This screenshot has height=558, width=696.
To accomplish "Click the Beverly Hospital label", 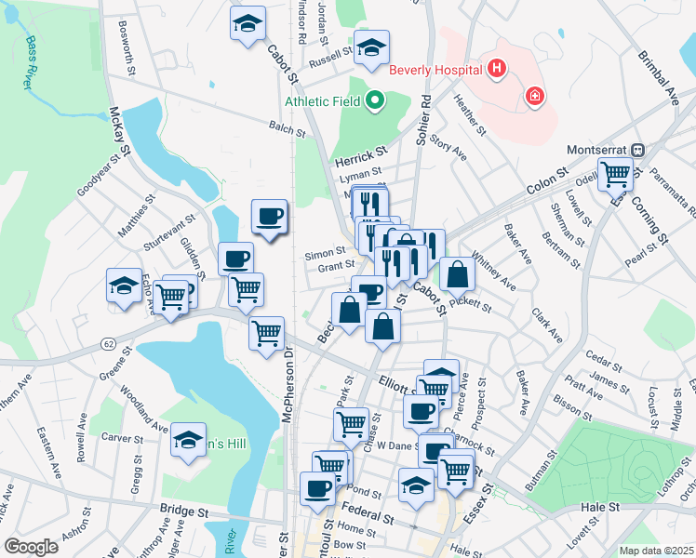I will point(435,69).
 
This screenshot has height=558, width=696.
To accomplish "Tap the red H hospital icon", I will point(498,68).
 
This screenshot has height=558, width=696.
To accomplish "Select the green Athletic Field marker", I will point(376,100).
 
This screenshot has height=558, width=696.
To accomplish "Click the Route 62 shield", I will point(108,342).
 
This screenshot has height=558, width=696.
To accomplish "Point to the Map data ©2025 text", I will point(657,551).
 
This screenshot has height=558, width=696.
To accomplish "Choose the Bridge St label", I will point(184,511).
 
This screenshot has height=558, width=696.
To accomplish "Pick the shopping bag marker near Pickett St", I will point(459,274).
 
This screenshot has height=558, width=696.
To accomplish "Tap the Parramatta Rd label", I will point(668,191).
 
